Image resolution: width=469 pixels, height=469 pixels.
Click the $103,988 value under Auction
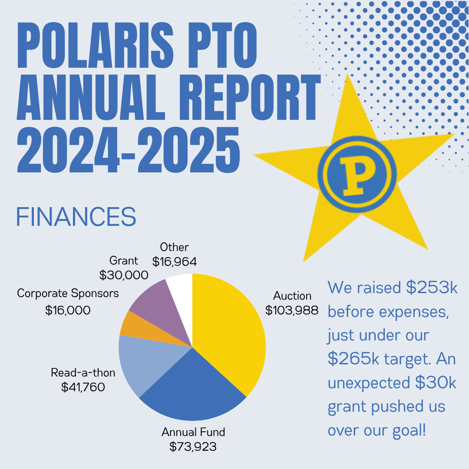tap(292, 310)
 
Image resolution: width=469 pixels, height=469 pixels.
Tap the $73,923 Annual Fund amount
tap(193, 446)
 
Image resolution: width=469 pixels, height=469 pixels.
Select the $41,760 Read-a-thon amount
tap(83, 387)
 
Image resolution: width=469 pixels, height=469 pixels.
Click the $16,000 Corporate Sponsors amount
tap(68, 310)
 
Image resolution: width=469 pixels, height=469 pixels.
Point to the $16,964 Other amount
tap(175, 262)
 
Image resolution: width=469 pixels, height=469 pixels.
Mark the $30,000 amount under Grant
tap(124, 275)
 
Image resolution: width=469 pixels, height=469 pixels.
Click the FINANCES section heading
tap(76, 217)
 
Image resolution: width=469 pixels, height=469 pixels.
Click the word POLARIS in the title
tap(96, 45)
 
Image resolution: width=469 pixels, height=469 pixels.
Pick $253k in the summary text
tap(432, 287)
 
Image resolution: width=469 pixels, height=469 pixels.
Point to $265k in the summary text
tap(353, 359)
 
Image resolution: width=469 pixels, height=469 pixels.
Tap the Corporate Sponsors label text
tap(68, 294)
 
